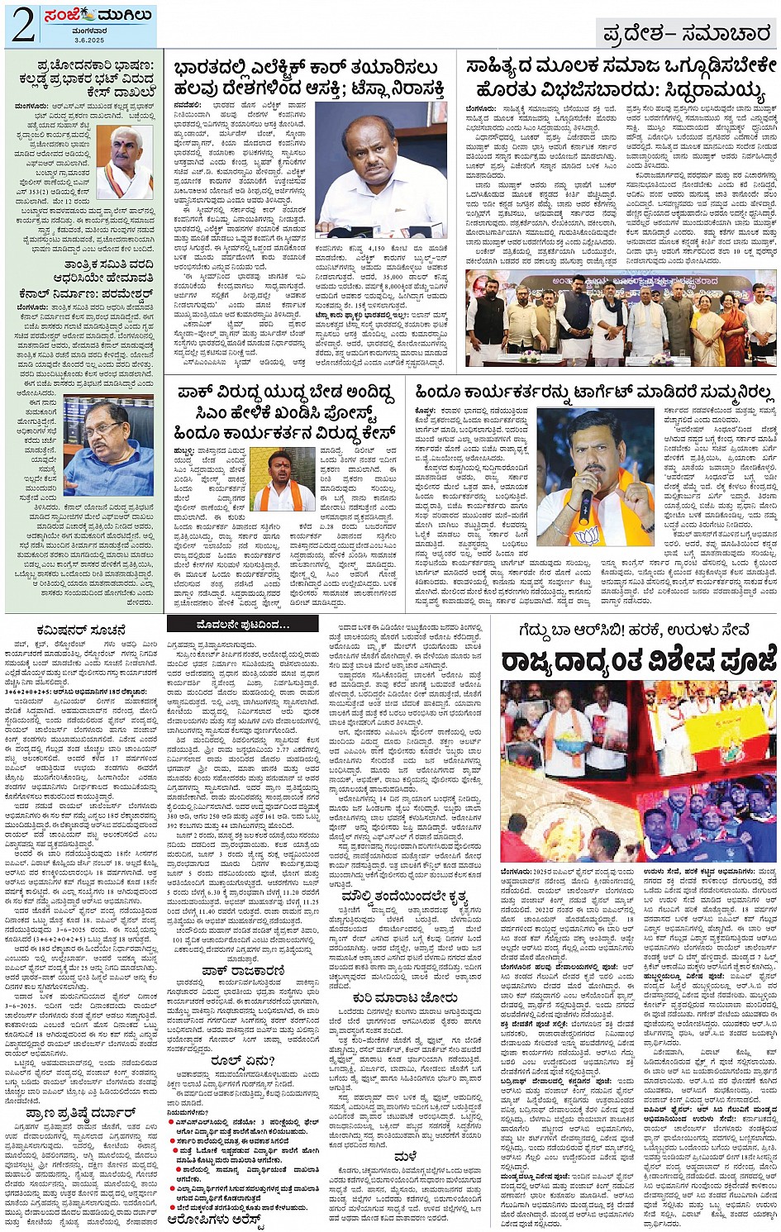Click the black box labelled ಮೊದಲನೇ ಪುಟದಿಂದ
(x=243, y=625)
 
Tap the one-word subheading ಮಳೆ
(x=405, y=1156)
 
